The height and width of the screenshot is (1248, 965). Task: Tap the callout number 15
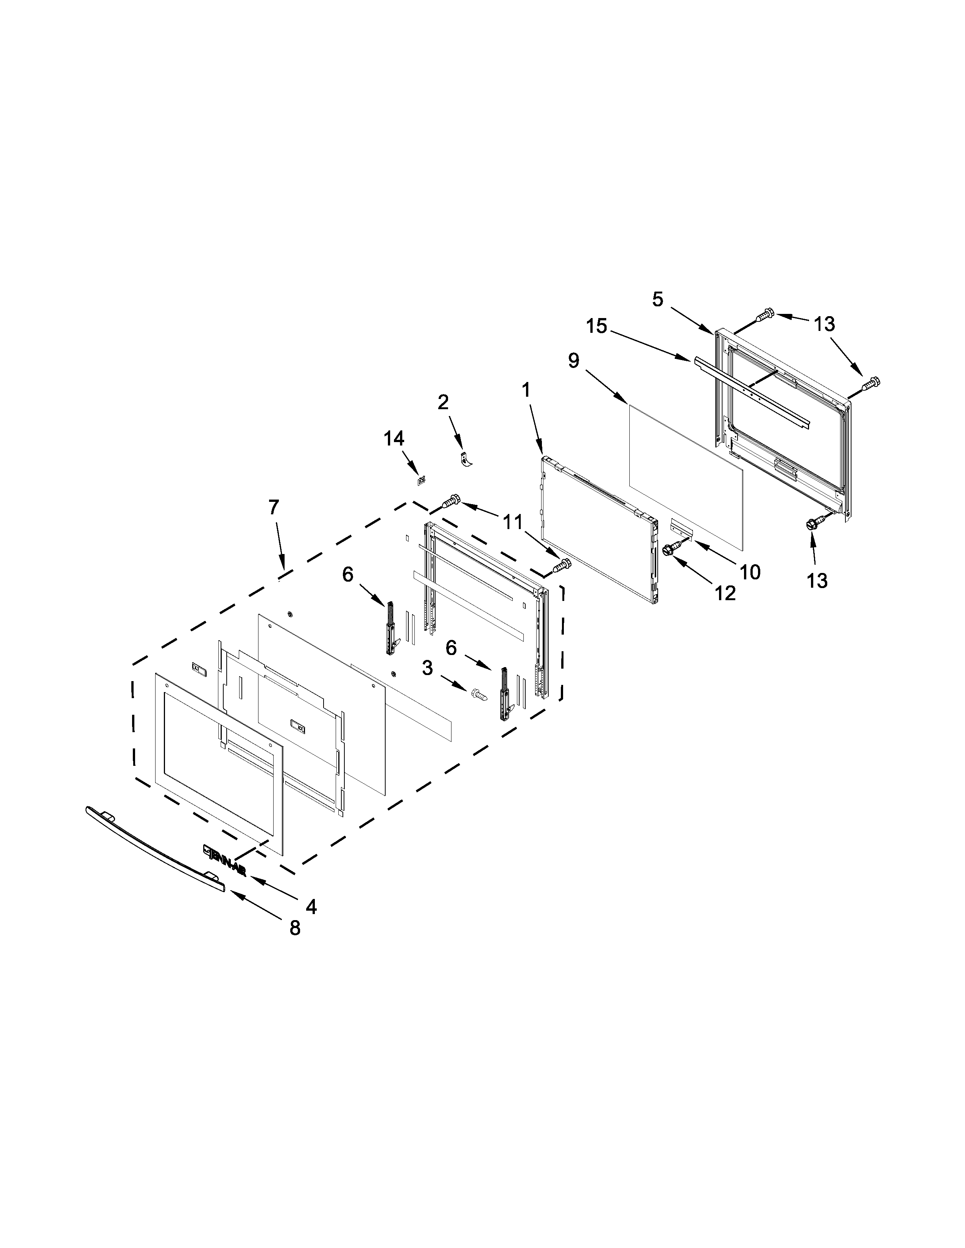[x=596, y=326]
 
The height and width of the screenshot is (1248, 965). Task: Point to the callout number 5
[x=658, y=299]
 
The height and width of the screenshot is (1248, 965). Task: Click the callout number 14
[x=394, y=438]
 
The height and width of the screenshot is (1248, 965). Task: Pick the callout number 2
[x=443, y=402]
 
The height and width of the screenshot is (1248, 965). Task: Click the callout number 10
[x=750, y=571]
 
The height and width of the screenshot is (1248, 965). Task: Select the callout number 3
[x=428, y=668]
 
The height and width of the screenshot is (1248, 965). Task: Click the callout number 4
[x=311, y=906]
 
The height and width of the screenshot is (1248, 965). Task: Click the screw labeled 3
[x=478, y=695]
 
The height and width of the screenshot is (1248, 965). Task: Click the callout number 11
[x=513, y=521]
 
